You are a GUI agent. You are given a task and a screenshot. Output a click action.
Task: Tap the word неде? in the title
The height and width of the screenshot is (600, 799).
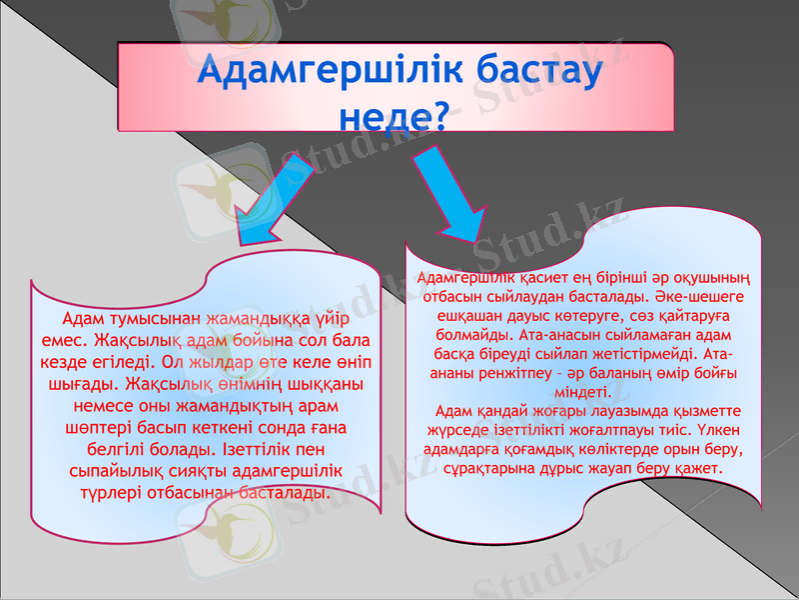click(x=394, y=113)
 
